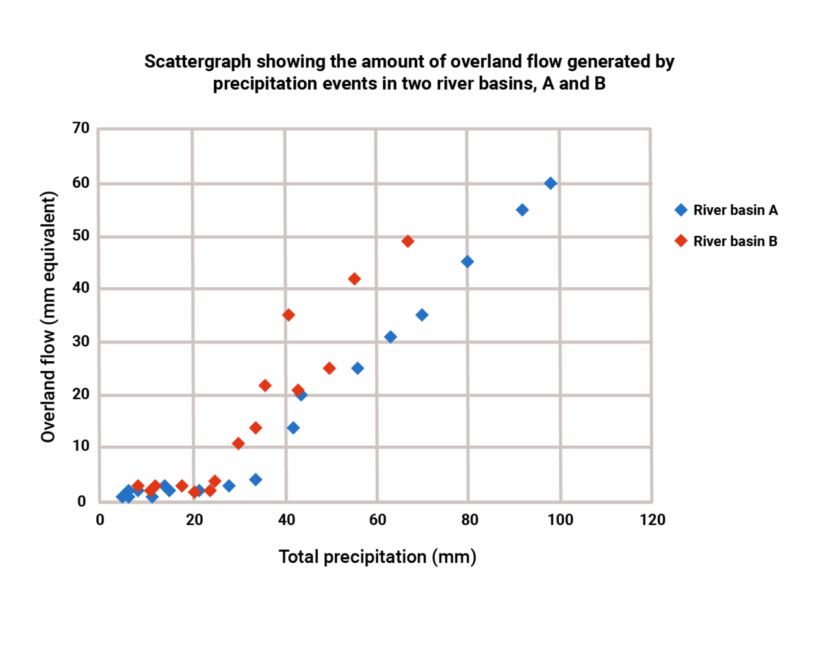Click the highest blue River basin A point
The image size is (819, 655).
(551, 183)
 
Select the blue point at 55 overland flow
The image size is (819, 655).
(522, 210)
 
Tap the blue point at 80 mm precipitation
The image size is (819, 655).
(467, 262)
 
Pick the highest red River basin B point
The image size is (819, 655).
(408, 241)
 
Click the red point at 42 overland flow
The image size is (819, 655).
(354, 279)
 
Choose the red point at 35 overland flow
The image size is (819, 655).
(289, 315)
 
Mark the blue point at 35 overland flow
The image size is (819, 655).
(422, 315)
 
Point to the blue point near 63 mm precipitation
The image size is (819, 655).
(391, 337)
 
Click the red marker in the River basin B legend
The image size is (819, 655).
(681, 241)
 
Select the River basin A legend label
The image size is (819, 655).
(735, 210)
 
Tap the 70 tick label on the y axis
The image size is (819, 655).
(81, 128)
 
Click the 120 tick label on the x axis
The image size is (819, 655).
(652, 520)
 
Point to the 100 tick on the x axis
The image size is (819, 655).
(560, 520)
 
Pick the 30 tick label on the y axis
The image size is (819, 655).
(81, 341)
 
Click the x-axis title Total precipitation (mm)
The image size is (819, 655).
(378, 557)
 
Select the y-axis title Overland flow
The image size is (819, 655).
(48, 317)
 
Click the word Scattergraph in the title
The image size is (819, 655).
(198, 62)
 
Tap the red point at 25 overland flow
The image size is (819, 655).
(329, 368)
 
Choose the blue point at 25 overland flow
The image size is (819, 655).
(357, 368)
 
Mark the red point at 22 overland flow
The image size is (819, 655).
(265, 386)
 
